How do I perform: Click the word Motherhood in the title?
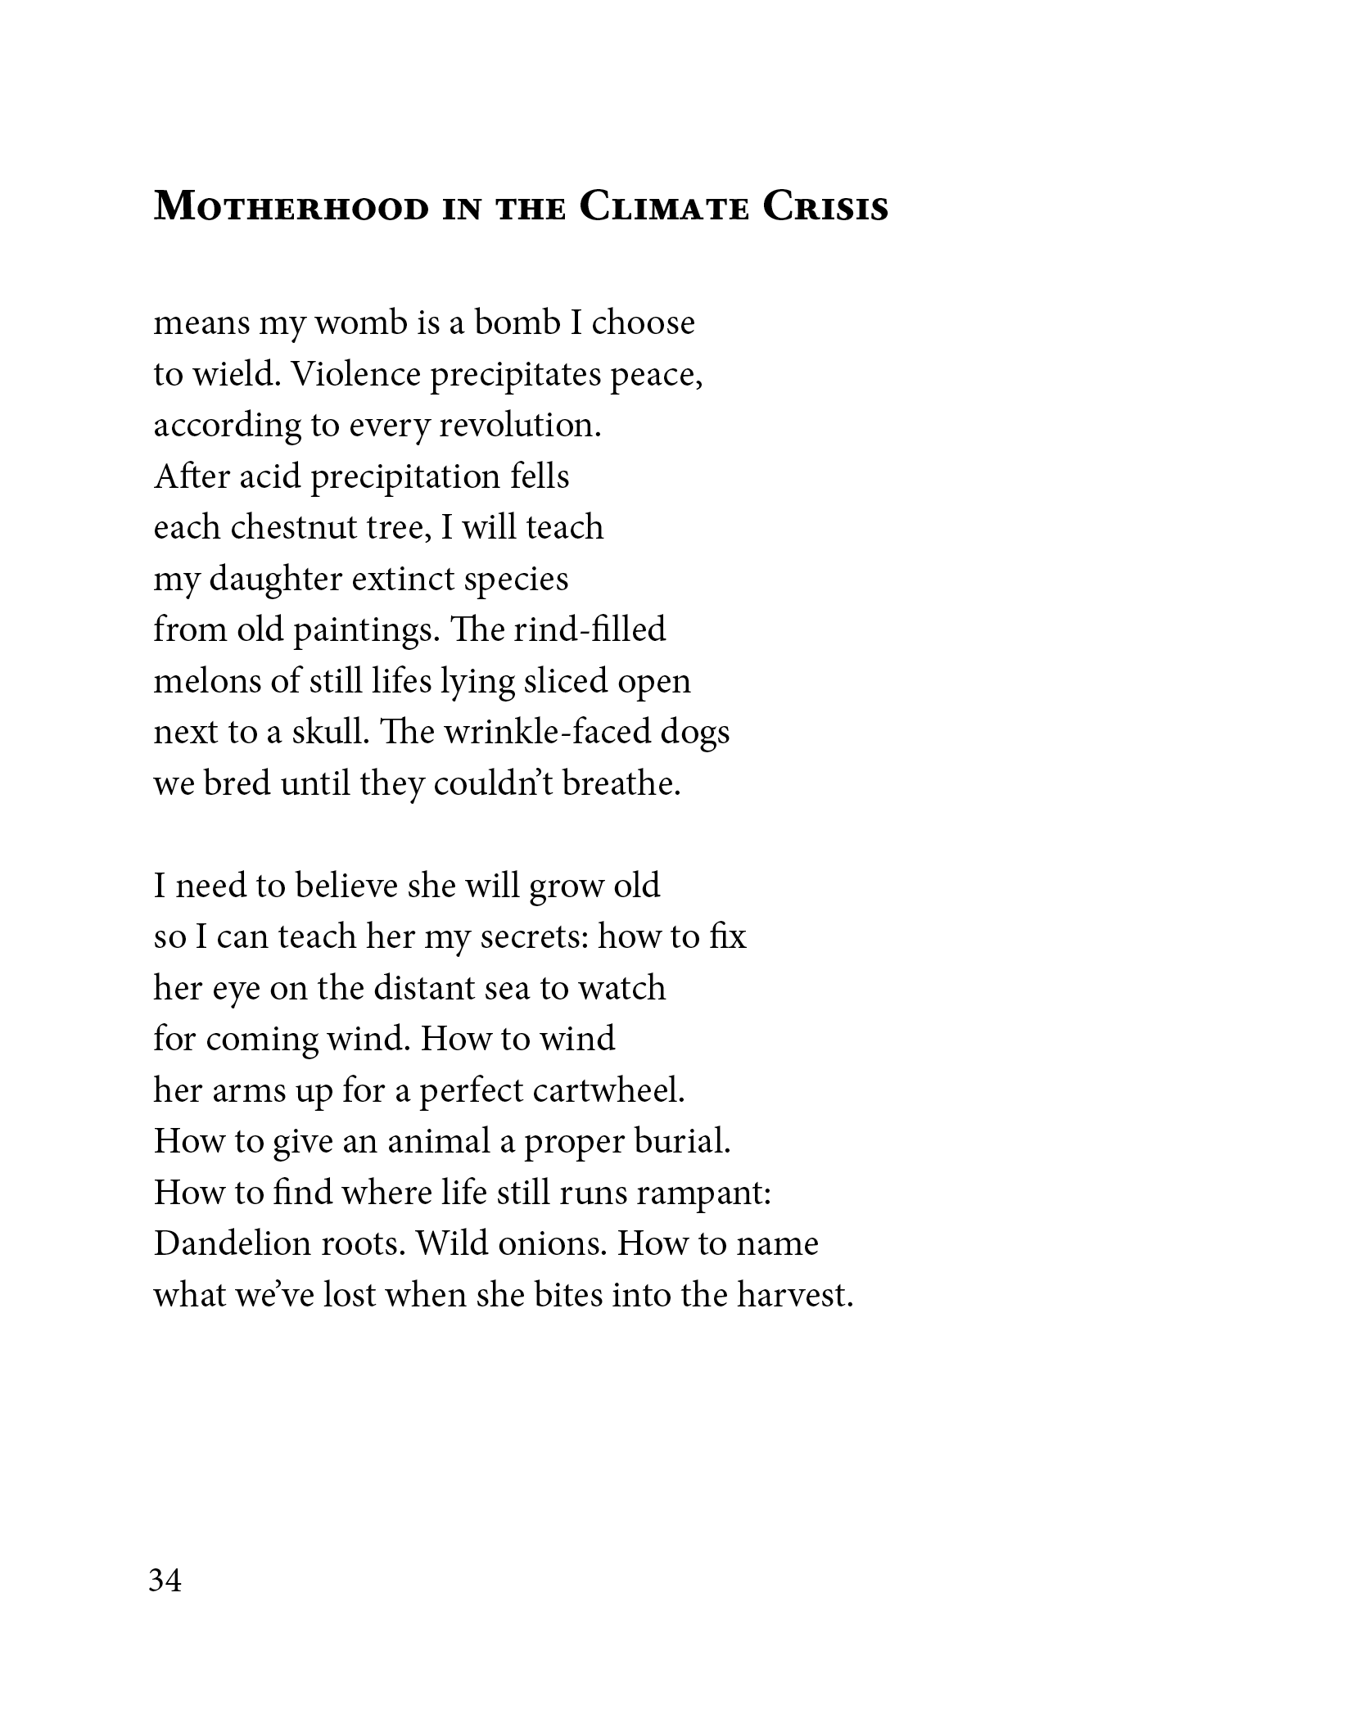pos(291,206)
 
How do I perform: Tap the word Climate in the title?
pos(664,206)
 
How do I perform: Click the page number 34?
pos(165,1580)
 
